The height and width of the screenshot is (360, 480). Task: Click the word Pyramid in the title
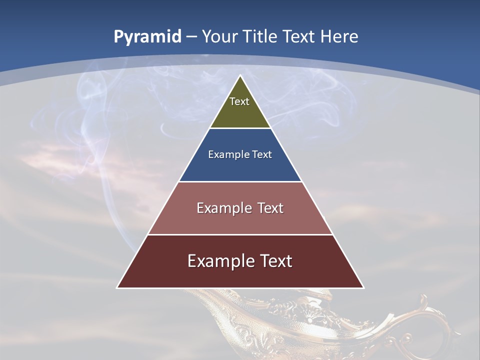[147, 37]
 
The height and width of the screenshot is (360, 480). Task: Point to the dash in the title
[191, 37]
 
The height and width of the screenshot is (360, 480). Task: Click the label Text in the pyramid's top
[239, 101]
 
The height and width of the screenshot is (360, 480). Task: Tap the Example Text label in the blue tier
[240, 154]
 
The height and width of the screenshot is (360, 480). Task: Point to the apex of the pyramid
[240, 76]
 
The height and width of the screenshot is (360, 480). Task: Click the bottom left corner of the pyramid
[117, 287]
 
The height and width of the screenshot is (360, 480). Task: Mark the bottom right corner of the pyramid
[363, 287]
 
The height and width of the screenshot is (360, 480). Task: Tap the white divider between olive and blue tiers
[240, 128]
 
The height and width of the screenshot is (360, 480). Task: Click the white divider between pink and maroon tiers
[240, 234]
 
